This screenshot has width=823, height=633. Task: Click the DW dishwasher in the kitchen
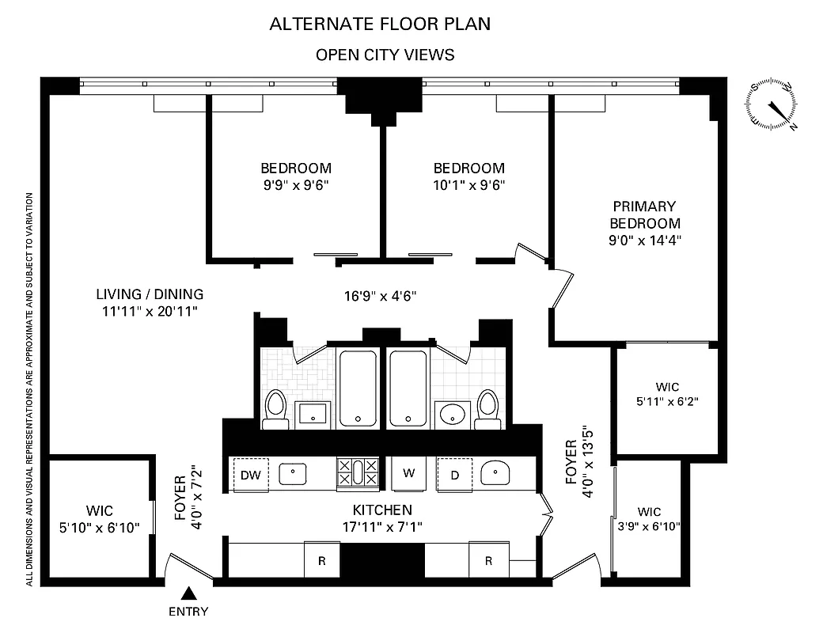251,475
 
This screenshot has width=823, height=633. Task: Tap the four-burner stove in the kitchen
358,472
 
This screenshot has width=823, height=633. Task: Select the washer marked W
409,474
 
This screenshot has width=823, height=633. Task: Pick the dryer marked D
455,475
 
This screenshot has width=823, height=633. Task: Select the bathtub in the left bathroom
359,388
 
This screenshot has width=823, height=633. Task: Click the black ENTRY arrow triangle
189,593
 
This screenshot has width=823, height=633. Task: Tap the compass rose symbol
772,104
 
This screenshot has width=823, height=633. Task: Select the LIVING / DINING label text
150,294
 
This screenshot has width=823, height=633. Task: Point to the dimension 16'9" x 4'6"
380,297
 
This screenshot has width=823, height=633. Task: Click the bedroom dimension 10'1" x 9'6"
468,185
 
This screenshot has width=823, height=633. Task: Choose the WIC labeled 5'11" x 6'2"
667,394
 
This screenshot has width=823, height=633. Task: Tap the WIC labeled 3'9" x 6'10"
648,519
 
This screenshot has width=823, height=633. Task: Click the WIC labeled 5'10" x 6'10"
100,518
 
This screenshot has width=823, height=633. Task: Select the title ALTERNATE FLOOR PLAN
380,24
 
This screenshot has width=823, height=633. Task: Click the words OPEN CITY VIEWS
385,55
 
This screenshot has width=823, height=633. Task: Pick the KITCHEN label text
382,510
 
